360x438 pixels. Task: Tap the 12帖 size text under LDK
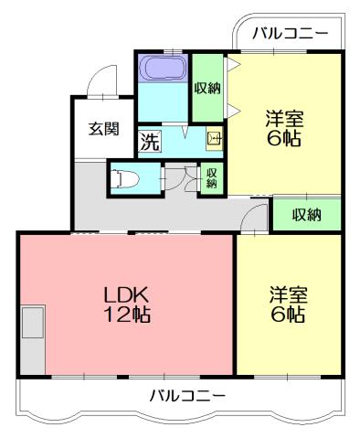point(126,316)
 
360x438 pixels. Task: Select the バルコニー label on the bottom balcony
point(187,396)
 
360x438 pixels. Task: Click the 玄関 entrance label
point(103,128)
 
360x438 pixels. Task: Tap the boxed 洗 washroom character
point(149,142)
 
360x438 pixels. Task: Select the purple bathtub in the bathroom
point(163,69)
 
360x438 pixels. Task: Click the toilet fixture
point(122,178)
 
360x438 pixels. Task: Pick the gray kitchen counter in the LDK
point(33,339)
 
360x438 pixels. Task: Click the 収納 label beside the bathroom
point(207,88)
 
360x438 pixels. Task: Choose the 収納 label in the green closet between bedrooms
point(306,215)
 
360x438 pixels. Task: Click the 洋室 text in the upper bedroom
point(284,119)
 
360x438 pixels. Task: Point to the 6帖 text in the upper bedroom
point(284,140)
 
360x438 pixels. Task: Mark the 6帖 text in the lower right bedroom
point(288,315)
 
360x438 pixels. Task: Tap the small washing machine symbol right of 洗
point(214,140)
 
